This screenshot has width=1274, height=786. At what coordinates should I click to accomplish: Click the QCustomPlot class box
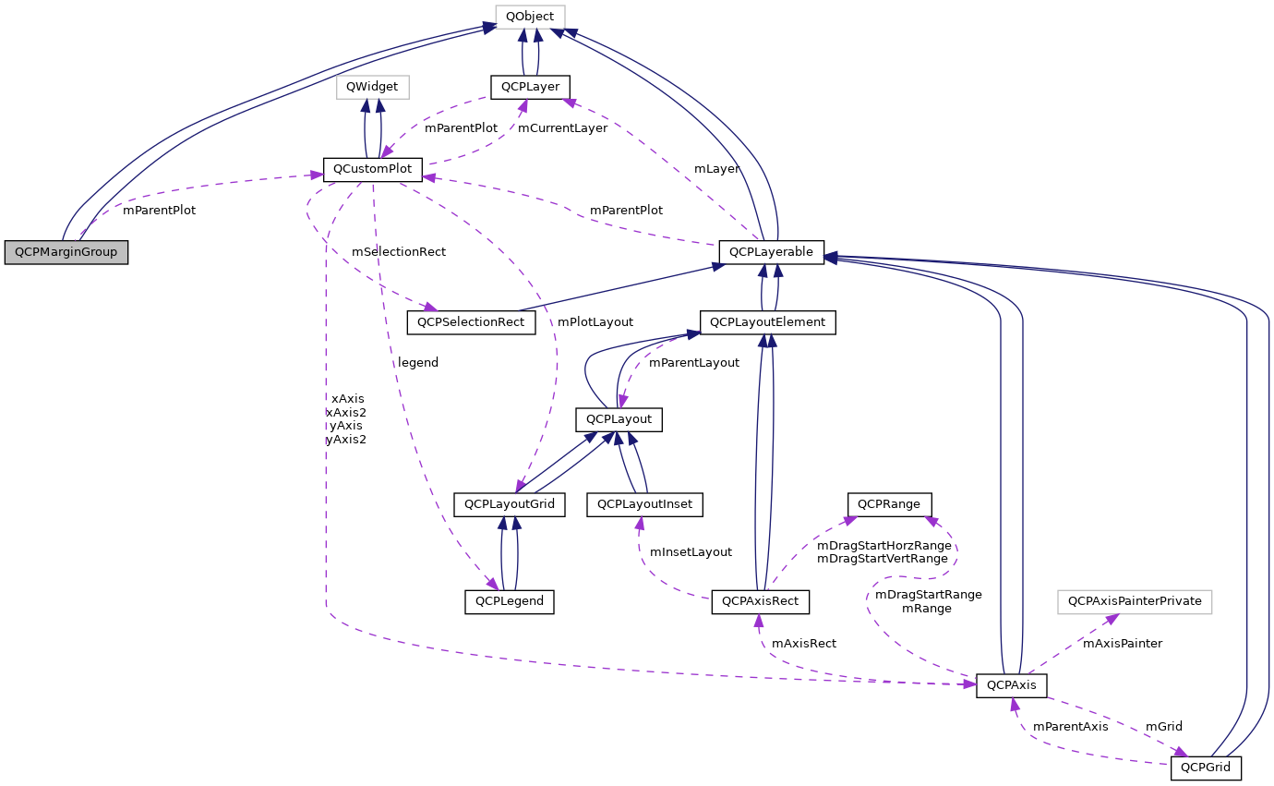[372, 170]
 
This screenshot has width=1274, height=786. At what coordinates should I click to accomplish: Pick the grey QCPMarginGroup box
[66, 252]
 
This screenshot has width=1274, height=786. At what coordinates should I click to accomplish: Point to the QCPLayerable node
[771, 251]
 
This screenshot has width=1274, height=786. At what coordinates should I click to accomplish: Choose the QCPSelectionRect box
[471, 322]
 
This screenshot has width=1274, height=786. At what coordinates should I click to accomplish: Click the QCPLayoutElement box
[768, 322]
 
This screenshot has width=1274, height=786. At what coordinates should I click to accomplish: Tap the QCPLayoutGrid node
[509, 504]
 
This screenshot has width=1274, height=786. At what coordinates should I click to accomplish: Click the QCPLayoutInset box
[645, 504]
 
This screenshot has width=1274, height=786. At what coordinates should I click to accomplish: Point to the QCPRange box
[890, 504]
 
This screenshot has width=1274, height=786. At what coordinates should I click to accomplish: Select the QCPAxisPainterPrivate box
[1135, 601]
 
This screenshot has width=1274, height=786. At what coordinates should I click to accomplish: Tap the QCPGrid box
[1206, 768]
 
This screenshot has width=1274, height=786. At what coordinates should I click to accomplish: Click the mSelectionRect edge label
[399, 252]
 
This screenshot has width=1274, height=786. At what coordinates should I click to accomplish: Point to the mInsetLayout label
[691, 552]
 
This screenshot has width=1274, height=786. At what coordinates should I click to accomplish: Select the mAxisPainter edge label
[1122, 644]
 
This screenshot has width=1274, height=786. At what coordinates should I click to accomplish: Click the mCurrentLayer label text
[562, 128]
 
